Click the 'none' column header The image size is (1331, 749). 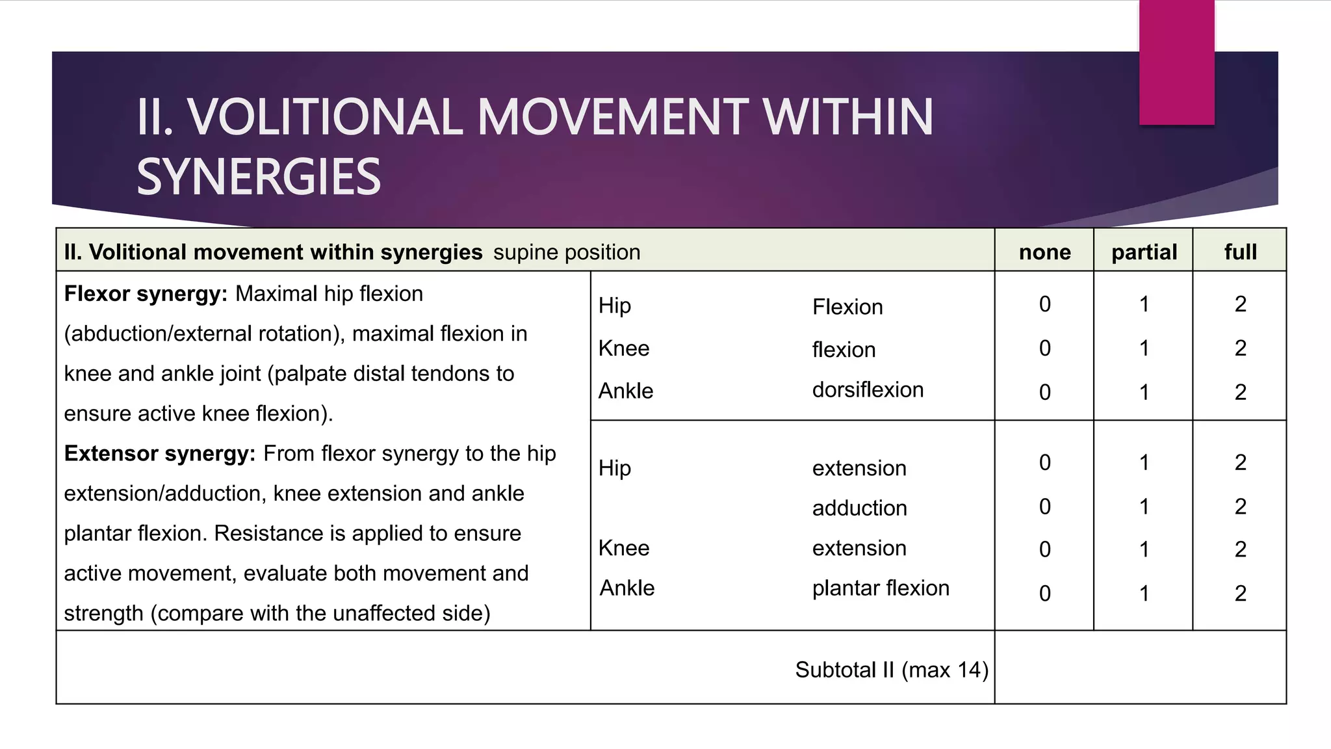1044,252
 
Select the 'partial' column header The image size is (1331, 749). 1144,252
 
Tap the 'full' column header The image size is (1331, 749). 1240,252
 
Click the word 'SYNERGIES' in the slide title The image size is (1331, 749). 259,177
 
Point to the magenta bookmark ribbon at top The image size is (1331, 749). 1176,62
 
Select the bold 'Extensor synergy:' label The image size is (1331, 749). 160,453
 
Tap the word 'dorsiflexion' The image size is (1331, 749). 868,389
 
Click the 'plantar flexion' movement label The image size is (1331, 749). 881,588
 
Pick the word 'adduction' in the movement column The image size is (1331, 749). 859,508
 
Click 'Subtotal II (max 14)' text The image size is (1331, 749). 892,670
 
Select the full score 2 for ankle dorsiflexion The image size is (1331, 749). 1240,392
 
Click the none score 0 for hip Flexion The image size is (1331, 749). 1044,304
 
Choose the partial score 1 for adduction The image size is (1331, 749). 1144,506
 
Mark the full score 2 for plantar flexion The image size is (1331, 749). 1240,593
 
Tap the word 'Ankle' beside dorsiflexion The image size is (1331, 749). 626,391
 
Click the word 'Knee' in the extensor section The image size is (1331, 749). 624,548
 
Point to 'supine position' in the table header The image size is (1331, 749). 567,252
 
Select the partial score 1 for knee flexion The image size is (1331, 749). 1144,348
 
